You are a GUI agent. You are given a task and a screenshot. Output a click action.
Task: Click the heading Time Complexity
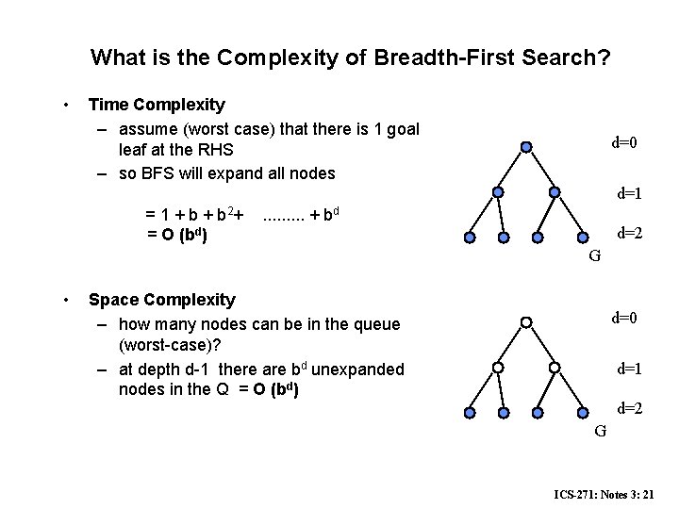156,105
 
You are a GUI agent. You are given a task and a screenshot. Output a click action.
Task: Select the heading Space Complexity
161,300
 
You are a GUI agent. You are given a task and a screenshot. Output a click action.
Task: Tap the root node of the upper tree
526,147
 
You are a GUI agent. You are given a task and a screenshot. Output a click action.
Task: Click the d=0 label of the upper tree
624,143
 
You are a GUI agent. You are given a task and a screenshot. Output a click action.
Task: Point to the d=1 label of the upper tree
630,194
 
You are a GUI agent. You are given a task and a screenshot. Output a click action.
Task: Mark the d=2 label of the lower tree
630,407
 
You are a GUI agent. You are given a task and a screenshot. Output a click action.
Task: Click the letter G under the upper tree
595,254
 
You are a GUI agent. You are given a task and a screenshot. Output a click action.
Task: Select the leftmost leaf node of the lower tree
470,412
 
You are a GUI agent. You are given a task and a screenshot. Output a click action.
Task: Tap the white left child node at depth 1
497,367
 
